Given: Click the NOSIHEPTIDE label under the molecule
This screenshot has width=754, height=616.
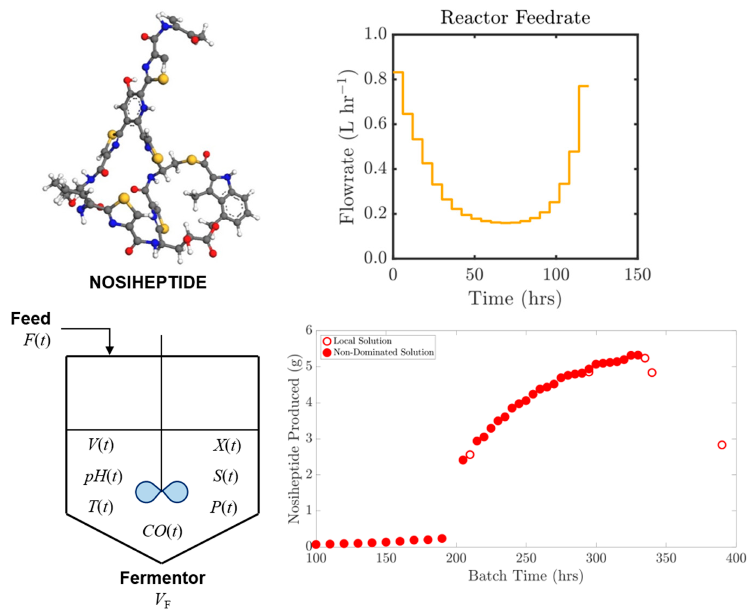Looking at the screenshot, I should [148, 282].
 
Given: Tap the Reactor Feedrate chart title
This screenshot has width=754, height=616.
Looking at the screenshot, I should [515, 17].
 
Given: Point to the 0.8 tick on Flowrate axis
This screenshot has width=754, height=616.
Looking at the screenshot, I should [375, 79].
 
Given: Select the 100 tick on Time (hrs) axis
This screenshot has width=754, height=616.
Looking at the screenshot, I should [556, 275].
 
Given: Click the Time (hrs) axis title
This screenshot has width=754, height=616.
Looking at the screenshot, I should [515, 298].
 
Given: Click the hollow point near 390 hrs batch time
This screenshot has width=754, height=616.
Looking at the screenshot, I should [721, 445].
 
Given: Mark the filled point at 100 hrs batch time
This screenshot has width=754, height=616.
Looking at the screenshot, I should [316, 544].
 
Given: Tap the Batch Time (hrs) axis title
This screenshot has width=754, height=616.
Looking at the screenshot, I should [525, 576].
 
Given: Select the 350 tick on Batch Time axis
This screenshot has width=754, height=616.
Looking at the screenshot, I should [665, 558].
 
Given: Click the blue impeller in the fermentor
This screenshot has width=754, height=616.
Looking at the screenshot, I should [162, 492].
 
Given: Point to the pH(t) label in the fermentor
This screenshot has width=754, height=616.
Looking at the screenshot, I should [103, 476].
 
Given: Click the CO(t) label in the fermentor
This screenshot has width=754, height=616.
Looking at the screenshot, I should [162, 531].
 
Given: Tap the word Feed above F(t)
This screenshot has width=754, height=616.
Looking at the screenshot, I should [31, 318].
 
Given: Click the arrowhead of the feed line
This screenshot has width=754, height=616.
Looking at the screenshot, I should [110, 350].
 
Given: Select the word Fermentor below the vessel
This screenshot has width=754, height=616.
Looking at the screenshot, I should [162, 578].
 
